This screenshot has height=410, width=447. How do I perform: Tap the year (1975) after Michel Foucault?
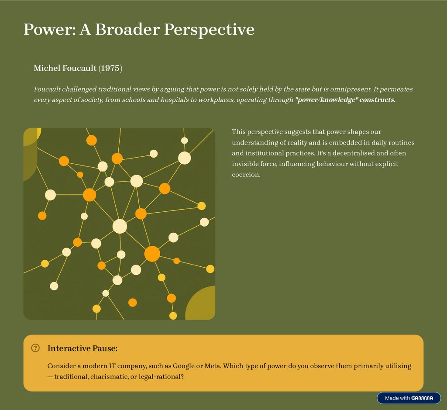pyautogui.click(x=110, y=68)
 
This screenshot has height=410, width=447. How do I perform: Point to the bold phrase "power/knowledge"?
pyautogui.click(x=327, y=100)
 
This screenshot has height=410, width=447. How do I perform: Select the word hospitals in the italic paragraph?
pyautogui.click(x=170, y=100)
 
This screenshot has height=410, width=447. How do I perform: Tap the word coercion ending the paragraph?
pyautogui.click(x=246, y=175)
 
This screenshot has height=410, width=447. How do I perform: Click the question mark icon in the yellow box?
pyautogui.click(x=36, y=348)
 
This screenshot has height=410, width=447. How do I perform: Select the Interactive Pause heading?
pyautogui.click(x=83, y=348)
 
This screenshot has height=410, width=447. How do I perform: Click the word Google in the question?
pyautogui.click(x=184, y=366)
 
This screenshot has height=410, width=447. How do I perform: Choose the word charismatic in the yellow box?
pyautogui.click(x=109, y=376)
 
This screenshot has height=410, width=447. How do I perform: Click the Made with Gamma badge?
pyautogui.click(x=409, y=398)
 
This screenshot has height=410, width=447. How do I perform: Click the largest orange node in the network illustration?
pyautogui.click(x=152, y=254)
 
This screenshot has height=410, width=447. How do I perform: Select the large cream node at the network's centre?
pyautogui.click(x=120, y=226)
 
